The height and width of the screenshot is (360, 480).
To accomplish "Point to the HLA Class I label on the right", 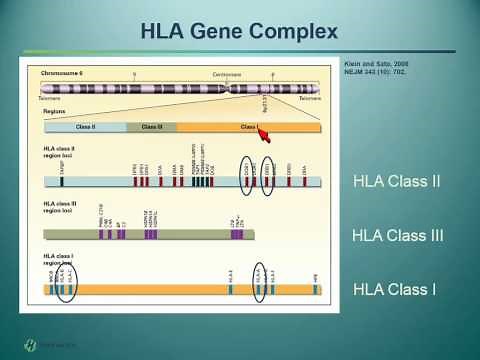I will coord(394,290).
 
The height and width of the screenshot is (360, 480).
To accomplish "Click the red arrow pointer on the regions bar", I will coord(267,135).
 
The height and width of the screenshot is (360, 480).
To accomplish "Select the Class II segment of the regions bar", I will coord(85,128).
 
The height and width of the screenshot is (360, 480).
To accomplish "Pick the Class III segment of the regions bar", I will coord(151,128).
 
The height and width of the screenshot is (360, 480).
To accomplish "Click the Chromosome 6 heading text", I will coord(63,74).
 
